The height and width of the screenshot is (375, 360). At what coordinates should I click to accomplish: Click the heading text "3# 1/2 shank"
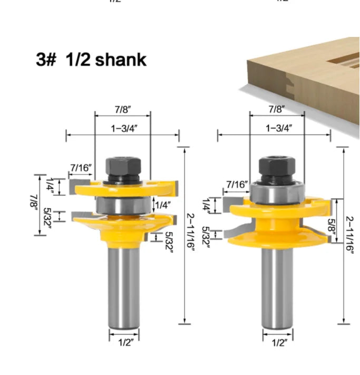point(91,60)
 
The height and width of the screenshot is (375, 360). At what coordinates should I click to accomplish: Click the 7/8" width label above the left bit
point(122,109)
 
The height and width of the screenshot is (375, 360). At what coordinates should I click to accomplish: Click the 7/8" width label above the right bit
point(276,109)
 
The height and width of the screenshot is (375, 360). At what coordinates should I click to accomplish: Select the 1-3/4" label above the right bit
point(278,128)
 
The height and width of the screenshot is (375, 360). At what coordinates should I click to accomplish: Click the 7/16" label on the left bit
point(81,168)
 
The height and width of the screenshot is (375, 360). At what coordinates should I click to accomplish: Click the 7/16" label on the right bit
point(237,184)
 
